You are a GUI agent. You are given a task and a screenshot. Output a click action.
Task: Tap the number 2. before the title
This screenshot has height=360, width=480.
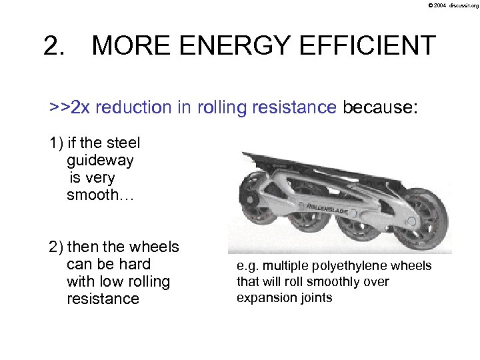(x=55, y=46)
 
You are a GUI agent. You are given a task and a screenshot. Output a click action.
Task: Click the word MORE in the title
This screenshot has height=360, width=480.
(x=131, y=46)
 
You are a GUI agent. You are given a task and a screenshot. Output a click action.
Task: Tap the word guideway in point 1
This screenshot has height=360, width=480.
(x=100, y=161)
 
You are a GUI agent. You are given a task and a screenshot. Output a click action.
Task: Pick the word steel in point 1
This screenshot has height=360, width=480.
(x=123, y=143)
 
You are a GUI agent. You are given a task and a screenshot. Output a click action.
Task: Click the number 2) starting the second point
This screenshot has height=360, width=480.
(x=56, y=247)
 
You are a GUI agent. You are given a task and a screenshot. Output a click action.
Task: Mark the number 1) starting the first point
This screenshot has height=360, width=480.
(x=56, y=143)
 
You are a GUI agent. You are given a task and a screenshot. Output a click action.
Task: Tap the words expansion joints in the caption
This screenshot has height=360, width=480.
(x=284, y=297)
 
